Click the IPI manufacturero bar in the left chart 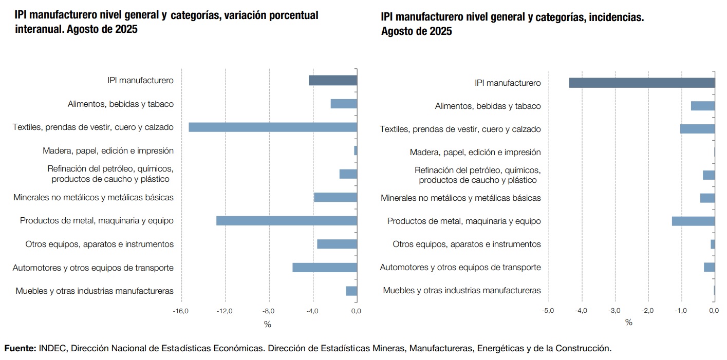coord(332,80)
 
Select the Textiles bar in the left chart coord(272,127)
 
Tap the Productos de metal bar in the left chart coord(286,221)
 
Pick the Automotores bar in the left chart coord(324,268)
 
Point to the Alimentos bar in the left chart coord(343,104)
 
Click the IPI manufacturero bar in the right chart coord(642,83)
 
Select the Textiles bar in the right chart coord(697,129)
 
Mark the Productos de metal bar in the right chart coord(693,221)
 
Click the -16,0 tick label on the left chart coord(181,311)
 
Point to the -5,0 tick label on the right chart coord(548,311)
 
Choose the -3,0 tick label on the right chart coord(614,311)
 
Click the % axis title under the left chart coord(267,325)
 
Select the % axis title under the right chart coord(629,323)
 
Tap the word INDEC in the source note coord(52,348)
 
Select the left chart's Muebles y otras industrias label coord(95,291)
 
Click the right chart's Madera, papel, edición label coord(475,152)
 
